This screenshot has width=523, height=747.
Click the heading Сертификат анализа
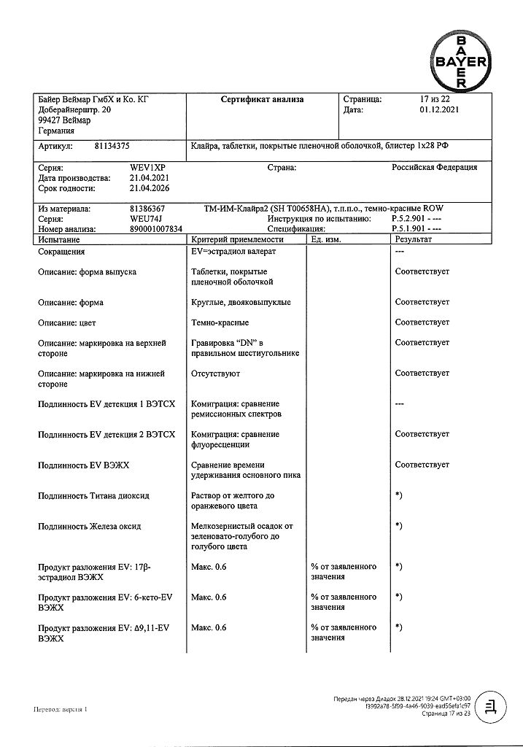(262, 100)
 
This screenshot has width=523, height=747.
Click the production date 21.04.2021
(150, 178)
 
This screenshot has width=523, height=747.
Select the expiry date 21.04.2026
(150, 188)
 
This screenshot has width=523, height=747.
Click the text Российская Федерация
(435, 168)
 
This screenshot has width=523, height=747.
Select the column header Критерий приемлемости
(236, 239)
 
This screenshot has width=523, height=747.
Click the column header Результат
(414, 239)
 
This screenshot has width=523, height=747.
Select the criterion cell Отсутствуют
(215, 373)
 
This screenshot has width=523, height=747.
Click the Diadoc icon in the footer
(493, 706)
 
